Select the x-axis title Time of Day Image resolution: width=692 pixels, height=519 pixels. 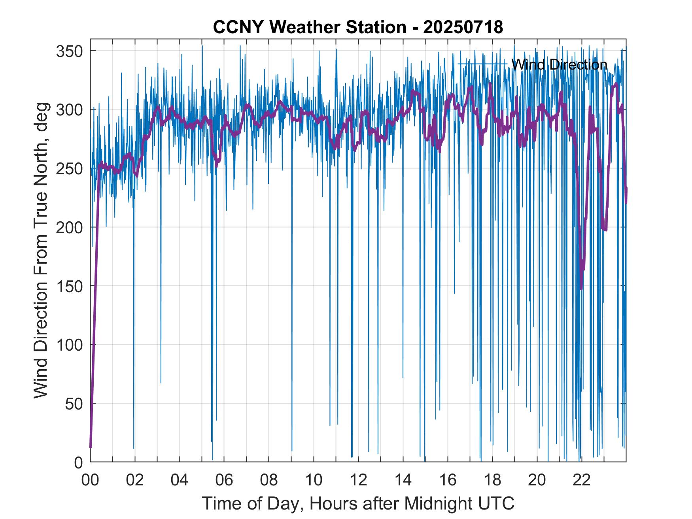point(358,503)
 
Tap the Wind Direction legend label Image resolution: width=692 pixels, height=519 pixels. point(559,64)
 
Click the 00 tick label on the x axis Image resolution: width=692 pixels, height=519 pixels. point(91,480)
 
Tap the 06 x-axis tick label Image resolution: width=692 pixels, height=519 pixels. point(224,480)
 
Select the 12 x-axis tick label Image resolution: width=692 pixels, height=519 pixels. point(358,480)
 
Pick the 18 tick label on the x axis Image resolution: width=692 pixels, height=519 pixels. point(492,480)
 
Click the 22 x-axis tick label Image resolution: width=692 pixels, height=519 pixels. point(581,480)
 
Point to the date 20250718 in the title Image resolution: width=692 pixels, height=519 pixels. point(463,27)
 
